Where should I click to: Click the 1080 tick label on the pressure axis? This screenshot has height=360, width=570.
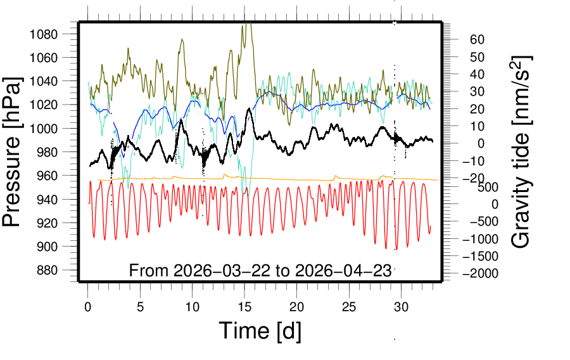[x=47, y=34]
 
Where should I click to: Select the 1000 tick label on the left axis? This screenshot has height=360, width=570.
[x=47, y=128]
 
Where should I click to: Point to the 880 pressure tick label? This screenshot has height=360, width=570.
[x=50, y=270]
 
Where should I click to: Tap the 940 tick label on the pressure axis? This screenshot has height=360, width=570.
[x=50, y=199]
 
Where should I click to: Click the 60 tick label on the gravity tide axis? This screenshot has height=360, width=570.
[x=477, y=39]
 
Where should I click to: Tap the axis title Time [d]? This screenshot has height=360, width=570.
[x=260, y=331]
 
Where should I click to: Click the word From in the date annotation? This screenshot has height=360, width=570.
[x=148, y=271]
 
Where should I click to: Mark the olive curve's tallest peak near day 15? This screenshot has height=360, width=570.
[x=248, y=24]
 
